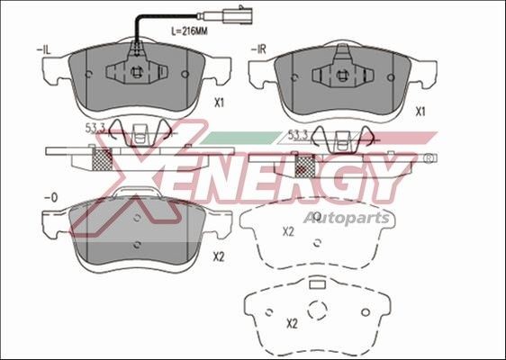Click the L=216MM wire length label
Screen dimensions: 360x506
[x=191, y=30]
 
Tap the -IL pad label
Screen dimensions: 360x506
[x=43, y=49]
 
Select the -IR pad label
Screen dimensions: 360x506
[x=259, y=49]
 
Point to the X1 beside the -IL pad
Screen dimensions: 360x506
[x=219, y=103]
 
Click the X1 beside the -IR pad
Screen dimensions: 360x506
[x=420, y=113]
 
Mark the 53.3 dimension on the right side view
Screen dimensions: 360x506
[x=298, y=134]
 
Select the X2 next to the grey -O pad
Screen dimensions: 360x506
[x=218, y=256]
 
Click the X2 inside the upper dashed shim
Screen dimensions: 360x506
[x=288, y=232]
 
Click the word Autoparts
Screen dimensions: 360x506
[x=346, y=217]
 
